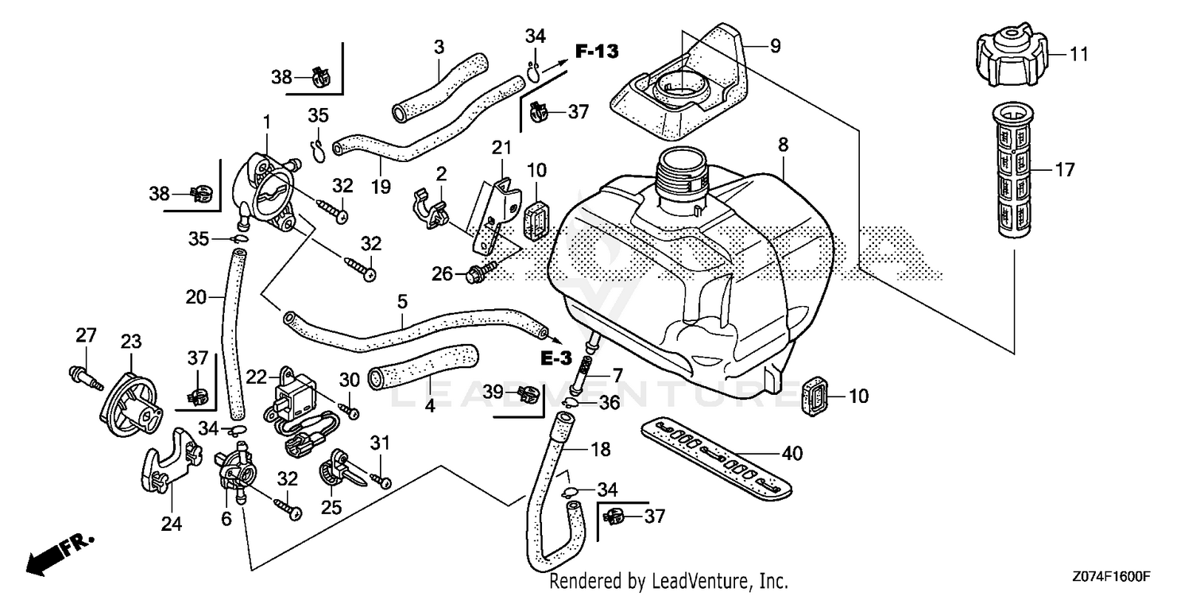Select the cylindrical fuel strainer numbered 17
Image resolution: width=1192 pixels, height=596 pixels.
coord(1016,168)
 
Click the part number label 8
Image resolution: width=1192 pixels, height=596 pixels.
coord(783,145)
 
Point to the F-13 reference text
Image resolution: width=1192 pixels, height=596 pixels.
coord(596,52)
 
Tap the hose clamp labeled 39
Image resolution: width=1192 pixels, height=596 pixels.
coord(526,392)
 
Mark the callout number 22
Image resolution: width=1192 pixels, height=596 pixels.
coord(257,376)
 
